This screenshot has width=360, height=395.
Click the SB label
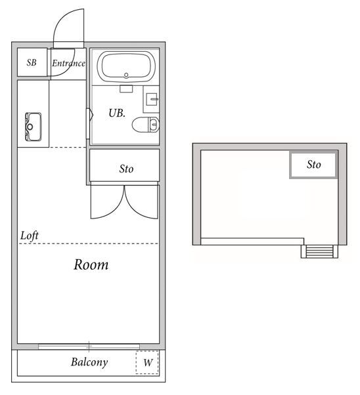[x=32, y=64]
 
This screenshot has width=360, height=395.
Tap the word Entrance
[x=69, y=64]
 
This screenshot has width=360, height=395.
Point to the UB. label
[x=117, y=113]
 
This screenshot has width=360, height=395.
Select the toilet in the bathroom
[x=146, y=124]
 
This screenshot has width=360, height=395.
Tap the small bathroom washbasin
[x=152, y=100]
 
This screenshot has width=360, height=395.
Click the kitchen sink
[x=33, y=126]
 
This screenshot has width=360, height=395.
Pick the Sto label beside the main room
[x=126, y=169]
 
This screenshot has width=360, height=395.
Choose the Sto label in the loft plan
[x=314, y=165]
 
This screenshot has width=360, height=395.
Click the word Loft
[x=30, y=235]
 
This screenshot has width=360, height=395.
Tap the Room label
[x=91, y=265]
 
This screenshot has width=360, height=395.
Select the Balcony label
[x=89, y=362]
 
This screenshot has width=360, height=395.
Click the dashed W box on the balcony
[x=148, y=362]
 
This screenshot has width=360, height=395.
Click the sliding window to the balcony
[x=89, y=346]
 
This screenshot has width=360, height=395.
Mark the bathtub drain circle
[x=126, y=75]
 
